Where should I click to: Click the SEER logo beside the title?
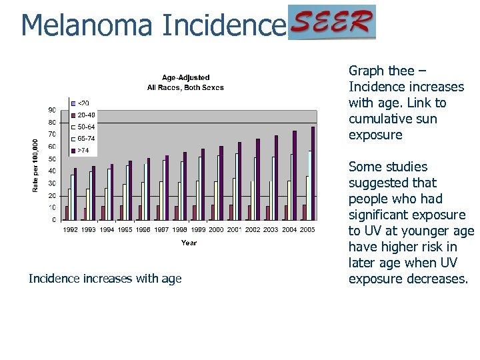tap(332, 23)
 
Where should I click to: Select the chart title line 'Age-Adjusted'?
tap(185, 78)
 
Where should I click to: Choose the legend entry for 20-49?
tap(86, 115)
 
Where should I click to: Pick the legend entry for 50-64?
tap(86, 127)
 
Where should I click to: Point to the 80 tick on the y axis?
tap(51, 123)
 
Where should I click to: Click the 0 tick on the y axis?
tap(53, 220)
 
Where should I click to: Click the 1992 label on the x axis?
tap(70, 229)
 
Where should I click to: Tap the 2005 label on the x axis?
tap(307, 229)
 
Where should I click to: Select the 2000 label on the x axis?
tap(216, 229)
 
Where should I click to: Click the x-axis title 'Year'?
tap(189, 243)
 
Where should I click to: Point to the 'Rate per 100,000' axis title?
tap(36, 165)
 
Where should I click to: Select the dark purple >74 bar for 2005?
tap(312, 173)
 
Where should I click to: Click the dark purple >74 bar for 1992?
tap(75, 194)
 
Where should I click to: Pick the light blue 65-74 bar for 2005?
tap(309, 185)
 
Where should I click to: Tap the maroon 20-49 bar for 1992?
tap(67, 213)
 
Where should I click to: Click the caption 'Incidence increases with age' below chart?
tap(105, 279)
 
